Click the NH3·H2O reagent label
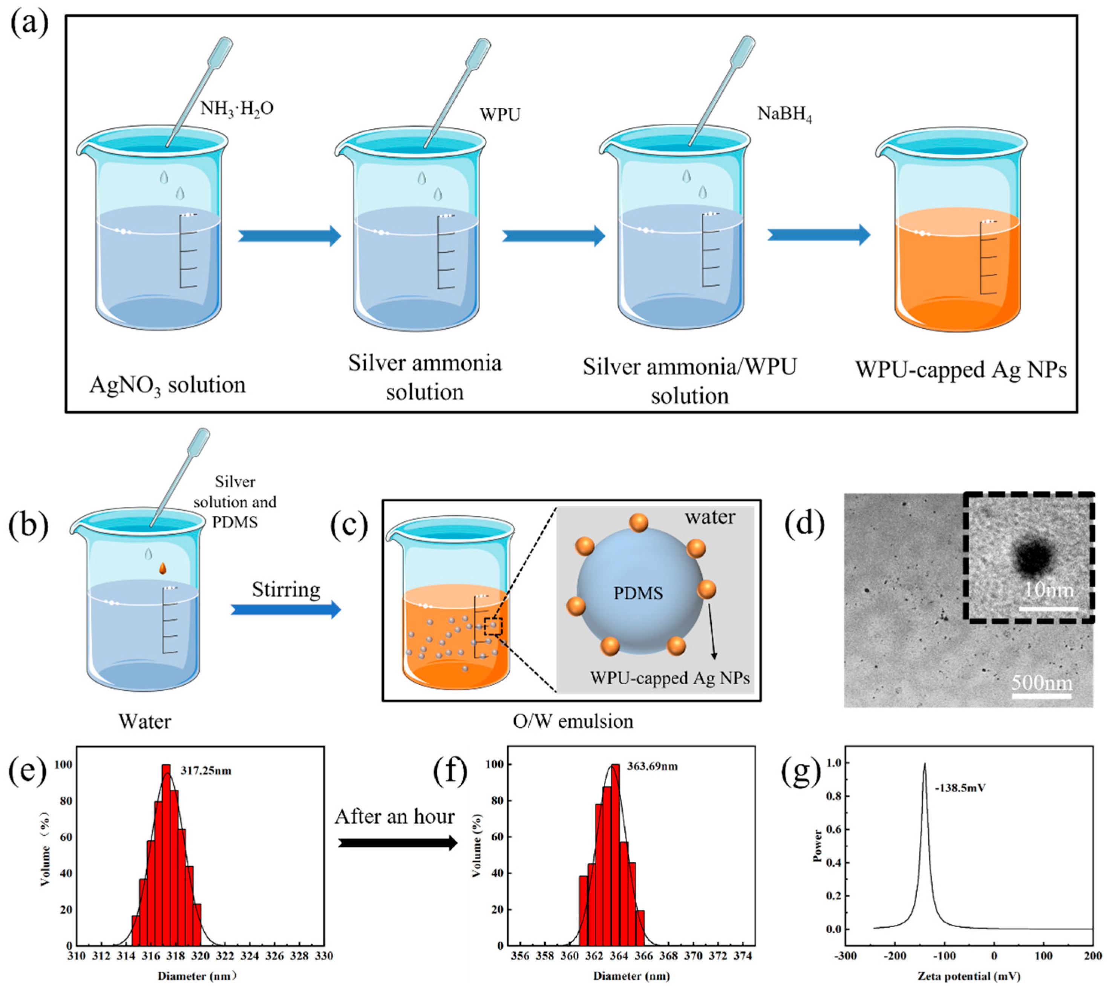237,108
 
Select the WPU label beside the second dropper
500,114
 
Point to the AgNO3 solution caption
167,385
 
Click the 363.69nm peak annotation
652,767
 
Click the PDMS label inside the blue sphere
638,593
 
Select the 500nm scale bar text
1042,683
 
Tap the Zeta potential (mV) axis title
968,976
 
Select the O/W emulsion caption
573,722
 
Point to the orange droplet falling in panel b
162,569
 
